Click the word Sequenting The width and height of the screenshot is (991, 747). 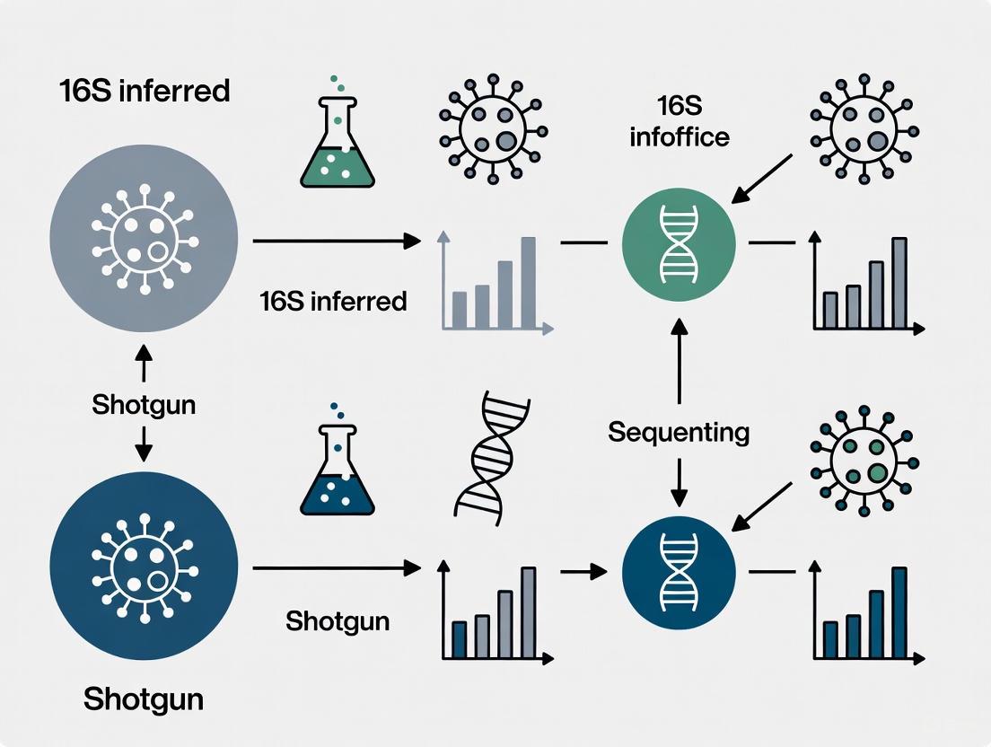(679, 433)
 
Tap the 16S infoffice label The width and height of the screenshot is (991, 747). (679, 122)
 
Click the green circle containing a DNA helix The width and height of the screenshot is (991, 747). (679, 242)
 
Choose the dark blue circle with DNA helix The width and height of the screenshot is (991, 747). (679, 571)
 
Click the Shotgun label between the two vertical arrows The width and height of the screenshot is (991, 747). (144, 405)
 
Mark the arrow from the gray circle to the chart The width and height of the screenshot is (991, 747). (337, 241)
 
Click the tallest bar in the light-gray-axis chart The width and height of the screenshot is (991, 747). (528, 281)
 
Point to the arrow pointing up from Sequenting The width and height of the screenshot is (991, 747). (679, 359)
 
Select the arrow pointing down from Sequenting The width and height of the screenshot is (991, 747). (679, 485)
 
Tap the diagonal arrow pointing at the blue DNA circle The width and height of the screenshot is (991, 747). (763, 507)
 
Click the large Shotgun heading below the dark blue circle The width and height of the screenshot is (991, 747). (144, 699)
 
